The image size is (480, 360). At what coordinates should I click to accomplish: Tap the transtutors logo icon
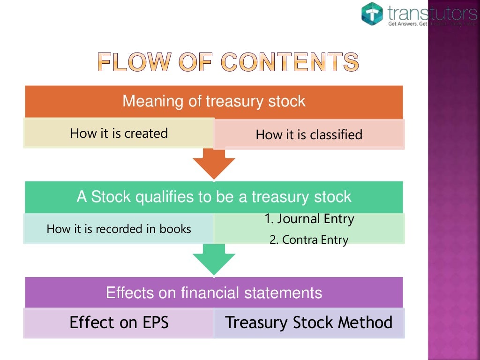pos(372,14)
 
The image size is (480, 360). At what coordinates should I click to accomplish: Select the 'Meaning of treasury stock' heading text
pos(214,101)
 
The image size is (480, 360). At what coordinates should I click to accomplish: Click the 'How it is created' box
pos(119,134)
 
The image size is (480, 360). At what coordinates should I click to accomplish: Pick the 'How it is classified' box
pos(309,135)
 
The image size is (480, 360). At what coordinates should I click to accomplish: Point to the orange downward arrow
pos(214,165)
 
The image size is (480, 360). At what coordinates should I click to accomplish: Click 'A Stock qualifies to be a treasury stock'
pos(214,197)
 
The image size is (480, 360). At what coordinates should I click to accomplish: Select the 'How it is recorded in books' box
pos(119,229)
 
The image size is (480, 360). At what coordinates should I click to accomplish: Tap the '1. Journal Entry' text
pos(309,219)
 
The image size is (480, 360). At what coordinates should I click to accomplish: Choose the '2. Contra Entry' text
pos(309,240)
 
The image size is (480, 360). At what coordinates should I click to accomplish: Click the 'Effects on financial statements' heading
pos(214,293)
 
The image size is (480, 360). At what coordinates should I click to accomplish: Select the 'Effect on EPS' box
pos(119,322)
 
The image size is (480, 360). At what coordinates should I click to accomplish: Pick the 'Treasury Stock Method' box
pos(309,322)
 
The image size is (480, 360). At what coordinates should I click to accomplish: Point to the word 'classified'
pos(337,135)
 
